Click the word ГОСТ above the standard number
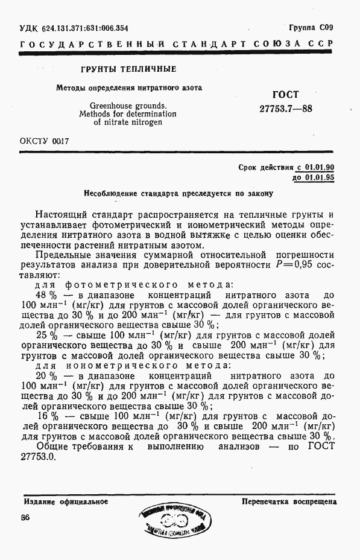point(285,95)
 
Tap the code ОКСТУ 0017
point(45,141)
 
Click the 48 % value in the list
point(46,295)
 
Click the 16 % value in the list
point(46,416)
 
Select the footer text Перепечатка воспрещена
point(289,501)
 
